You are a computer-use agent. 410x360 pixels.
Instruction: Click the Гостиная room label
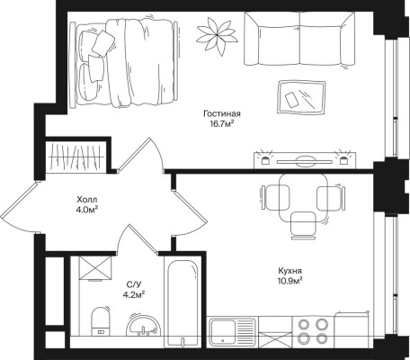point(222,114)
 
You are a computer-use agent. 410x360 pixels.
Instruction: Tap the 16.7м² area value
point(222,123)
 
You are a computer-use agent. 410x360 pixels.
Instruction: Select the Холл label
point(87,199)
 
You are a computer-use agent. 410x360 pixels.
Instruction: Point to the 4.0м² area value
point(87,209)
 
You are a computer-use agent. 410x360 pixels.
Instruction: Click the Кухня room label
point(290,271)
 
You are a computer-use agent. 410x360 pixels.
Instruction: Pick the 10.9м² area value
point(290,281)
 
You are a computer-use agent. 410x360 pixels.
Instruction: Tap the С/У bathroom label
point(134,283)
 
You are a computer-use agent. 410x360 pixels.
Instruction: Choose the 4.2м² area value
point(134,293)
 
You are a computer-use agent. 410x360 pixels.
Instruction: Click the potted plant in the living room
point(217,36)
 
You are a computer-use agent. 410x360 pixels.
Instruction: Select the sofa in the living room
point(299,39)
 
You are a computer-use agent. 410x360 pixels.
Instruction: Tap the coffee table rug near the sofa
point(301,97)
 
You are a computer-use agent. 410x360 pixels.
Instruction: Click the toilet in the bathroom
point(101,321)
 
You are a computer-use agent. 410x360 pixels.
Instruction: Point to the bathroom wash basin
point(143,326)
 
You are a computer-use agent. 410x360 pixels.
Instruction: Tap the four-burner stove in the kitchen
point(313,331)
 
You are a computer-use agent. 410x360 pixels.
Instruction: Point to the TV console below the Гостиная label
point(305,160)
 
